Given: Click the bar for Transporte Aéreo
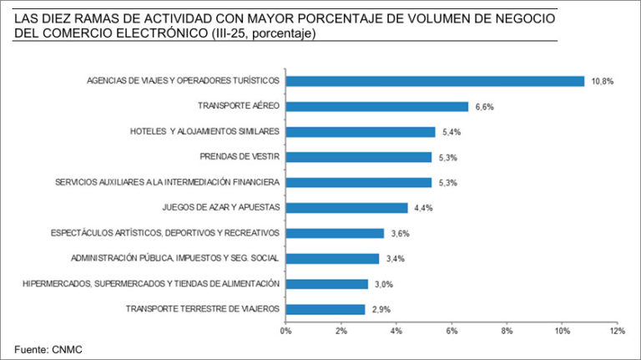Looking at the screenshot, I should click(377, 106).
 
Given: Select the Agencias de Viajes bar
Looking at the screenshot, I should click(435, 81).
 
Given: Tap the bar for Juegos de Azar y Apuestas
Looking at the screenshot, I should click(346, 207).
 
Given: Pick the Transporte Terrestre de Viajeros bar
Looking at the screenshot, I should click(326, 309).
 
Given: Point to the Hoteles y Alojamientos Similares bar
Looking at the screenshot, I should click(361, 132).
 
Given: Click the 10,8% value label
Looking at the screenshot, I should click(603, 81).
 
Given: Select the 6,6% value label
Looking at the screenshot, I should click(484, 106).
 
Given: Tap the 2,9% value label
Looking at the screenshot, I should click(381, 309).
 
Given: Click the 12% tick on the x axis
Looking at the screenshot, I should click(617, 332).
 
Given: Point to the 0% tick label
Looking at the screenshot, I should click(285, 332).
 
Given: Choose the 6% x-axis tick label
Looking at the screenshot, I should click(452, 332).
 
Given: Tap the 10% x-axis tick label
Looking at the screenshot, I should click(562, 332).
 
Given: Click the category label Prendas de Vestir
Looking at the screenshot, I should click(240, 157).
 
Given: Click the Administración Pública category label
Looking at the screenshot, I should click(175, 258).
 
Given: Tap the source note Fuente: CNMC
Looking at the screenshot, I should click(48, 349).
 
